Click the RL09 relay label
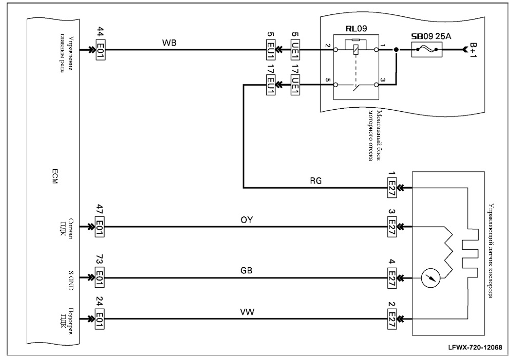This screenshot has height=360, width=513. click(356, 28)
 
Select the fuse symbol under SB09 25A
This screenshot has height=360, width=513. click(426, 50)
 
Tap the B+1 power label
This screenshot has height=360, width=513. click(473, 50)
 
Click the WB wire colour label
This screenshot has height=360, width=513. click(169, 43)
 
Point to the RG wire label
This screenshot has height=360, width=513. click(315, 181)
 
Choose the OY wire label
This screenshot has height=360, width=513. click(247, 219)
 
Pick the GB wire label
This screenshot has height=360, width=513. click(246, 271)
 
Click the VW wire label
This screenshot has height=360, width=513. click(247, 312)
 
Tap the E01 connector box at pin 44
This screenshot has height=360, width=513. click(100, 50)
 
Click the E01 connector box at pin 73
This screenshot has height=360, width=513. click(100, 277)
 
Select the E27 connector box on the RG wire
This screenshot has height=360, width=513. click(391, 188)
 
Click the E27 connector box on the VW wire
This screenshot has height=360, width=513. click(391, 318)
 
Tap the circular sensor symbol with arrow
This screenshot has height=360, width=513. click(430, 278)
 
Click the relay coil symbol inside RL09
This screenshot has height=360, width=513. click(356, 50)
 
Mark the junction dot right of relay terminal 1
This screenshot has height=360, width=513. click(396, 50)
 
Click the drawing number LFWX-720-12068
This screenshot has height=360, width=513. click(476, 347)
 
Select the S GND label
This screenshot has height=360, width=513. click(71, 280)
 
